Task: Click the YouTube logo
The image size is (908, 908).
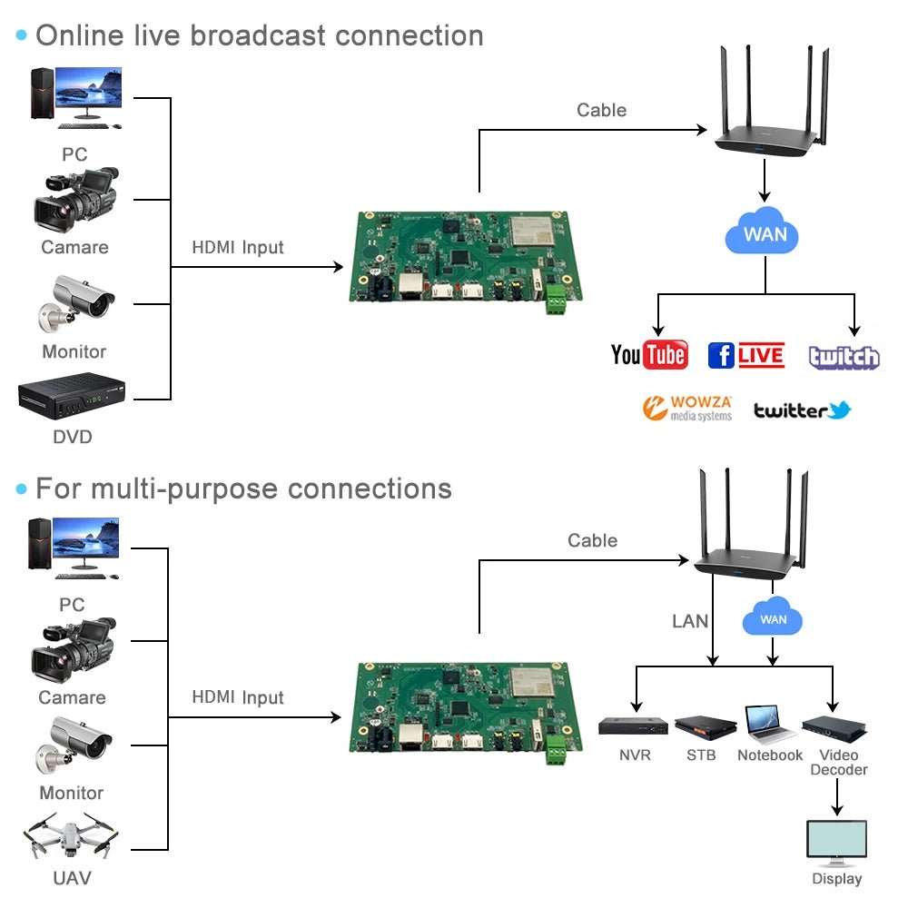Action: click(649, 354)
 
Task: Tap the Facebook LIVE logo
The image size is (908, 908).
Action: click(745, 355)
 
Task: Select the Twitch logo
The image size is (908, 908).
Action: click(844, 357)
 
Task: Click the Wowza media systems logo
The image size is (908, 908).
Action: click(686, 409)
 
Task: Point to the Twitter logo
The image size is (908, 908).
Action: click(802, 410)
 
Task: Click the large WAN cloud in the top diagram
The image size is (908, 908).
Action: click(765, 233)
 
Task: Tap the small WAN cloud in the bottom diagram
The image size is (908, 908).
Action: click(773, 619)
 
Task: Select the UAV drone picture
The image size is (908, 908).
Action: click(70, 836)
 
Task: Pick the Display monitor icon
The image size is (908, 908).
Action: click(836, 841)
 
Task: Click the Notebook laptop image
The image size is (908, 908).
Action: click(769, 724)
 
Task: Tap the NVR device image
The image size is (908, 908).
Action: click(633, 725)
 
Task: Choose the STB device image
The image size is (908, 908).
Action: click(705, 725)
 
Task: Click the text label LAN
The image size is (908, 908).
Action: click(690, 621)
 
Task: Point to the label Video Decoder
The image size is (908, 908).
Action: click(838, 763)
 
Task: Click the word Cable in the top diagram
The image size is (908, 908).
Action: click(601, 110)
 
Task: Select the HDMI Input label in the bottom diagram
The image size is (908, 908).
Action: click(238, 697)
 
